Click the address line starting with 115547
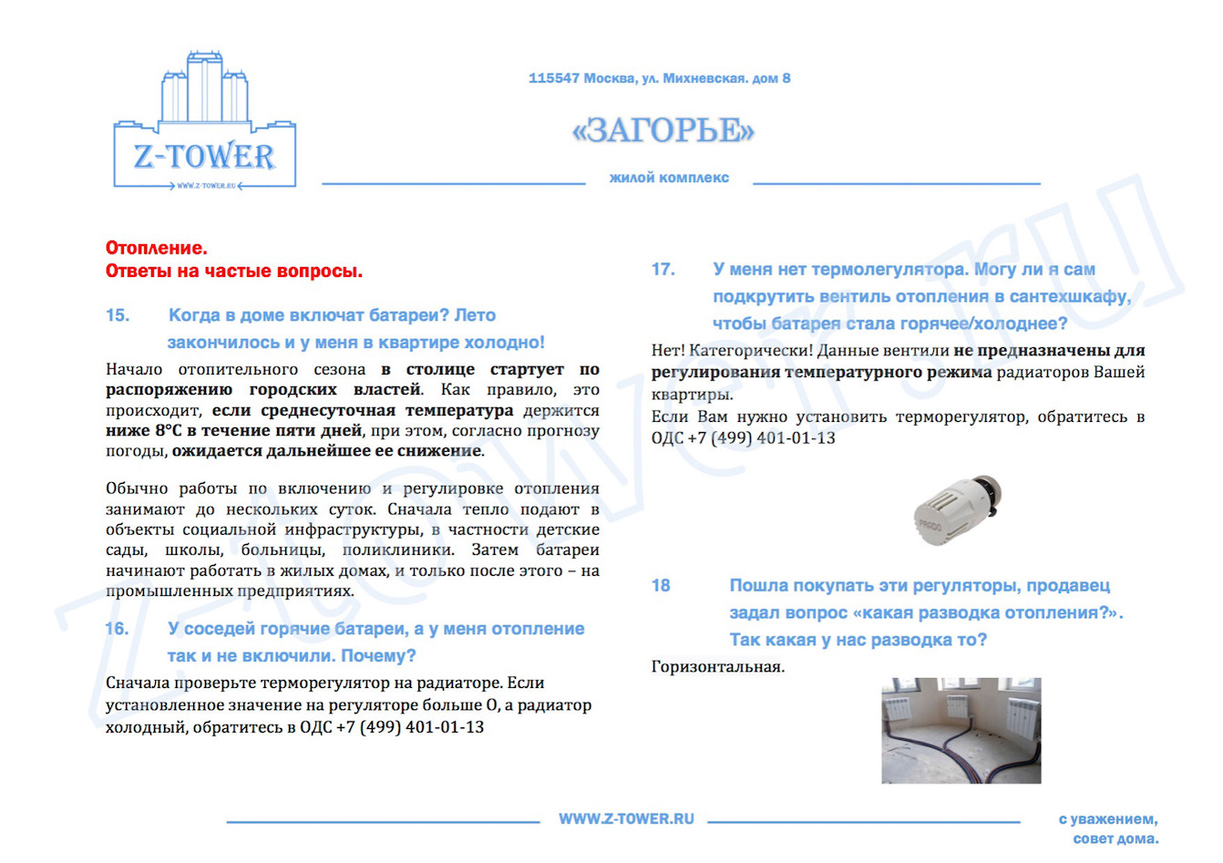(x=659, y=78)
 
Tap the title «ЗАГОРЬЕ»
(x=663, y=130)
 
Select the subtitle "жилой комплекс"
(x=669, y=178)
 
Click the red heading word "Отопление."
(x=157, y=248)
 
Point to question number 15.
(x=118, y=315)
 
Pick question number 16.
(x=118, y=629)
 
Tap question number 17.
(x=663, y=270)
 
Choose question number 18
(x=661, y=586)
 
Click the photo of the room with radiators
(x=961, y=730)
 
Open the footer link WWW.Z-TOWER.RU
(x=626, y=819)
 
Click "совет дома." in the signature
(x=1115, y=838)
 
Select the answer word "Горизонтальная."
(x=718, y=667)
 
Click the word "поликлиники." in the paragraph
(x=398, y=550)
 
